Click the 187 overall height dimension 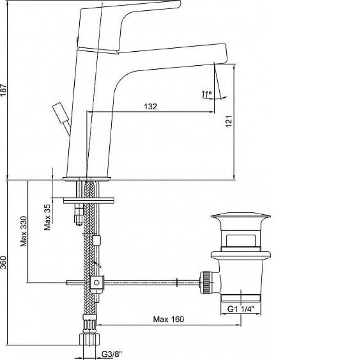[x=3, y=90]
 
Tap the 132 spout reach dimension [x=150, y=107]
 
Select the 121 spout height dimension [x=229, y=121]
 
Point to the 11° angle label [x=207, y=94]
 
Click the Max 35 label [x=47, y=217]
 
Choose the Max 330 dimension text [x=24, y=231]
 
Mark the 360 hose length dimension [x=3, y=262]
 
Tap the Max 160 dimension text [x=168, y=319]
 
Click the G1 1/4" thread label [x=241, y=309]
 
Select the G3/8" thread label [x=112, y=354]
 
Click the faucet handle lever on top [x=129, y=25]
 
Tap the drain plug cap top [x=241, y=216]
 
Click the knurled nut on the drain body [x=206, y=283]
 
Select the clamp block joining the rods [x=96, y=283]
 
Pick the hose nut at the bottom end [x=90, y=339]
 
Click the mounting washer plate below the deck [x=89, y=200]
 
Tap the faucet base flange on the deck [x=87, y=179]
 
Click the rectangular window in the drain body [x=241, y=240]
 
